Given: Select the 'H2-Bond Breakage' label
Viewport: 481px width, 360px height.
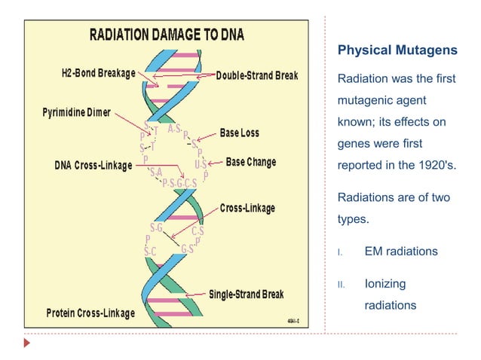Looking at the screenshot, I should (x=98, y=74).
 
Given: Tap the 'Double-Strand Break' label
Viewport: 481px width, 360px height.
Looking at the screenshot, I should (x=257, y=75).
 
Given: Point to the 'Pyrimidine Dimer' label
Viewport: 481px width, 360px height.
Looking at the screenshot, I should (x=75, y=113).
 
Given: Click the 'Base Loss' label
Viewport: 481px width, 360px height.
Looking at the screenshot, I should (x=239, y=133).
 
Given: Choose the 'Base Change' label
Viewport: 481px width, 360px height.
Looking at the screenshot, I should (x=250, y=162).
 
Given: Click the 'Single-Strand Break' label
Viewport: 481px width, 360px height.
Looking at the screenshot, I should (x=246, y=294).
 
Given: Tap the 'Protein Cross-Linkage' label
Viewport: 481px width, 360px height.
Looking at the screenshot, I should (x=90, y=313).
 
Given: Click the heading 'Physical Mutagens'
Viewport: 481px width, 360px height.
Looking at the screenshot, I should (x=397, y=50).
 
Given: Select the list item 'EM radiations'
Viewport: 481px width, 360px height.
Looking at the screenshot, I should (x=400, y=252).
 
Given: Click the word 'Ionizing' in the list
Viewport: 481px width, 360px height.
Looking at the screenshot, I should (x=385, y=284).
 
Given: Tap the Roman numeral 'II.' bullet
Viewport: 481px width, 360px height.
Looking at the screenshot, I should (x=341, y=285).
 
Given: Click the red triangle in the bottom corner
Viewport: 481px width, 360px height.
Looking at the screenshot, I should (x=27, y=343).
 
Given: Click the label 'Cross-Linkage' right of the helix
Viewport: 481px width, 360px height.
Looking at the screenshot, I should (x=247, y=208).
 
